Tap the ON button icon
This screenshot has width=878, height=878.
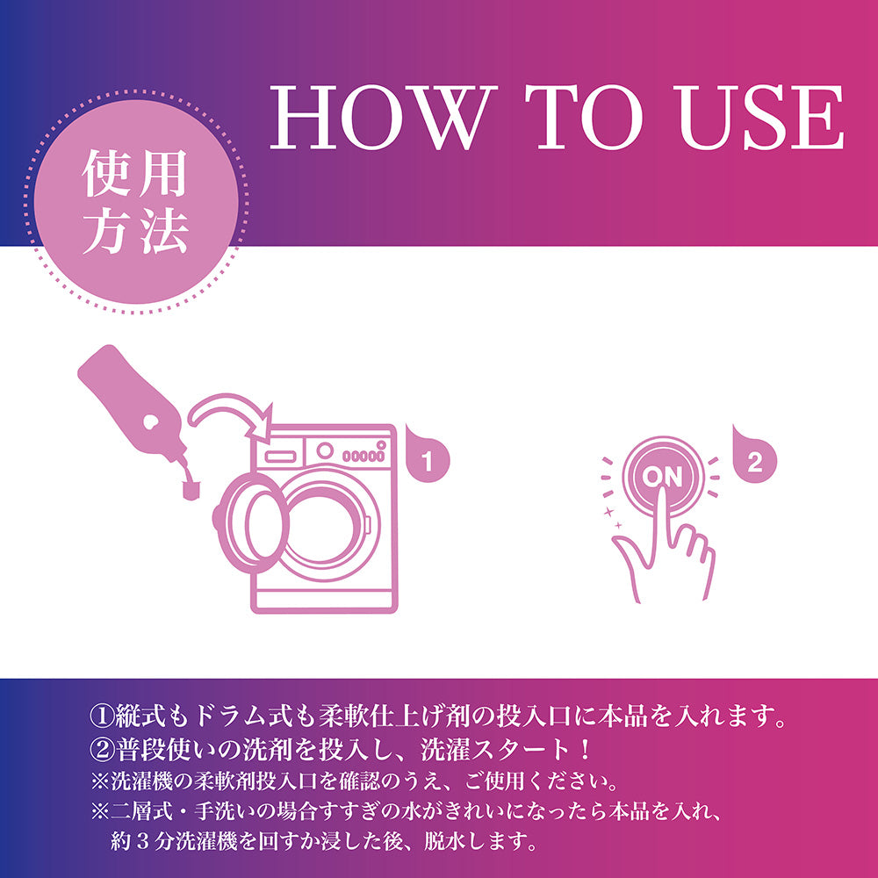662,477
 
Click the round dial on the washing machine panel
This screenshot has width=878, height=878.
326,451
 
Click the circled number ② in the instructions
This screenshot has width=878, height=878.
101,751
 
